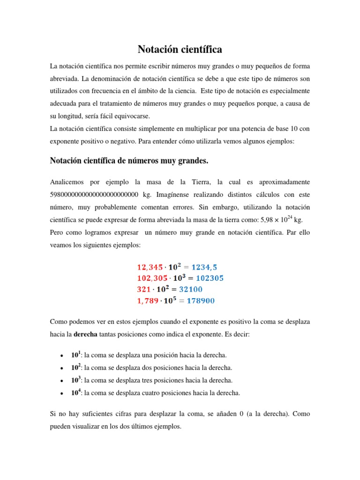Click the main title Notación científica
click(180, 49)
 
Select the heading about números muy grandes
click(129, 161)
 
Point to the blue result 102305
click(205, 278)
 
